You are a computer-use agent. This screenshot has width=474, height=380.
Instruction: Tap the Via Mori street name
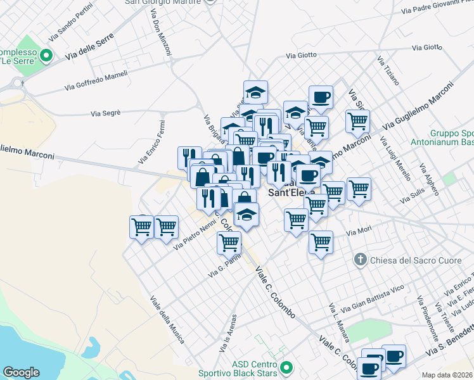(x=358, y=232)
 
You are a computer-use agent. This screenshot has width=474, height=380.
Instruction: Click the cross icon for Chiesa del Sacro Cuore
(x=360, y=258)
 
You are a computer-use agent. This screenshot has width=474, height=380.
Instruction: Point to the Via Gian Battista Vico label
(x=372, y=298)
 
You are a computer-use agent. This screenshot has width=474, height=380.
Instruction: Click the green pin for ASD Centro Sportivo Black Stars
(x=286, y=367)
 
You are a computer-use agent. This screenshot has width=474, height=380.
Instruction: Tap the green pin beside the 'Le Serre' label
(x=46, y=56)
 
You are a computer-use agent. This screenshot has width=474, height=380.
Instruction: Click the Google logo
(x=21, y=372)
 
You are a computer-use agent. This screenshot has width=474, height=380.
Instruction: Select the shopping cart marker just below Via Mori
(x=321, y=242)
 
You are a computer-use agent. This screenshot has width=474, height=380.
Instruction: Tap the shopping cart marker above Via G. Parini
(x=229, y=242)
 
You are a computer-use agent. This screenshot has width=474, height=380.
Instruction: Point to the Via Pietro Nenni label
(x=196, y=236)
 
